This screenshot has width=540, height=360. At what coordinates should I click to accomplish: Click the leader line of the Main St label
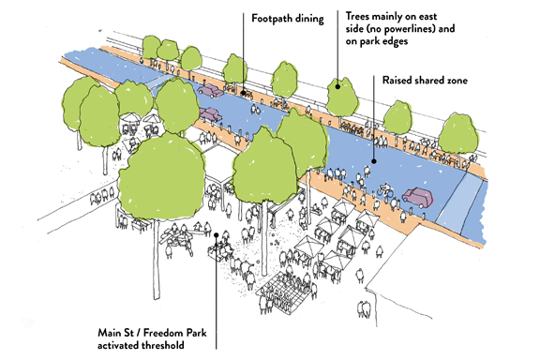tap(215, 281)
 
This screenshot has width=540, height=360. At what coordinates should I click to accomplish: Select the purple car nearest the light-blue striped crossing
tap(418, 198)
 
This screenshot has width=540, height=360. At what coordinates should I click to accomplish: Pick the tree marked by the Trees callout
tap(342, 96)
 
